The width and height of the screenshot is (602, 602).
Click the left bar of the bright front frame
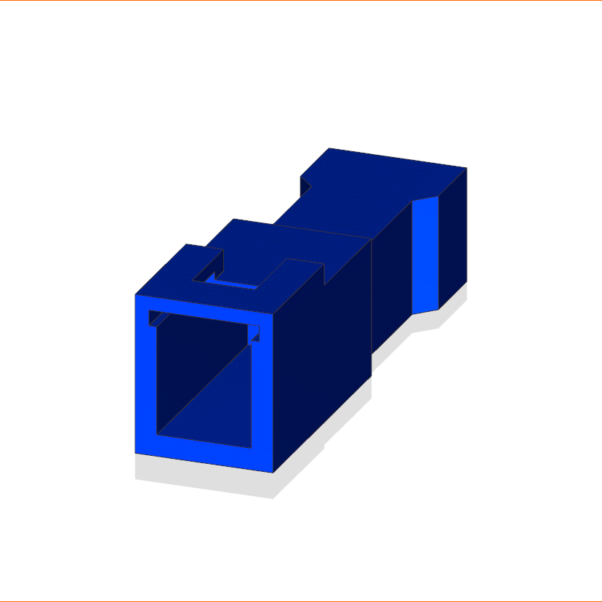[x=145, y=378]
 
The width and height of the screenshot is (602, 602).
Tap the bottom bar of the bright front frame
[x=211, y=454]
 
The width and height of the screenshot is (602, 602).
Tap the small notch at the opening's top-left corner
[x=154, y=318]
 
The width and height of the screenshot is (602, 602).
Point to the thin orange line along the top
[x=301, y=1]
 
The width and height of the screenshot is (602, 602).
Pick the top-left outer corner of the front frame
[x=136, y=295]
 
